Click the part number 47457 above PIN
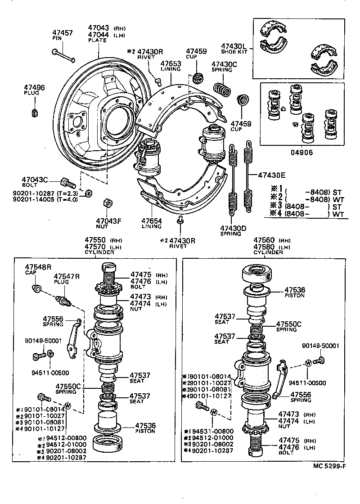click(x=62, y=33)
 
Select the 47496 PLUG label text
click(x=34, y=90)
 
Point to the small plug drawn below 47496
click(x=35, y=111)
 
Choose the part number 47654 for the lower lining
click(x=152, y=221)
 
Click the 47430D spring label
click(x=233, y=228)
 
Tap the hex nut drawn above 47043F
click(x=107, y=202)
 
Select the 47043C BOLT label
click(x=36, y=181)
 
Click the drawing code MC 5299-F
click(x=329, y=465)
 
